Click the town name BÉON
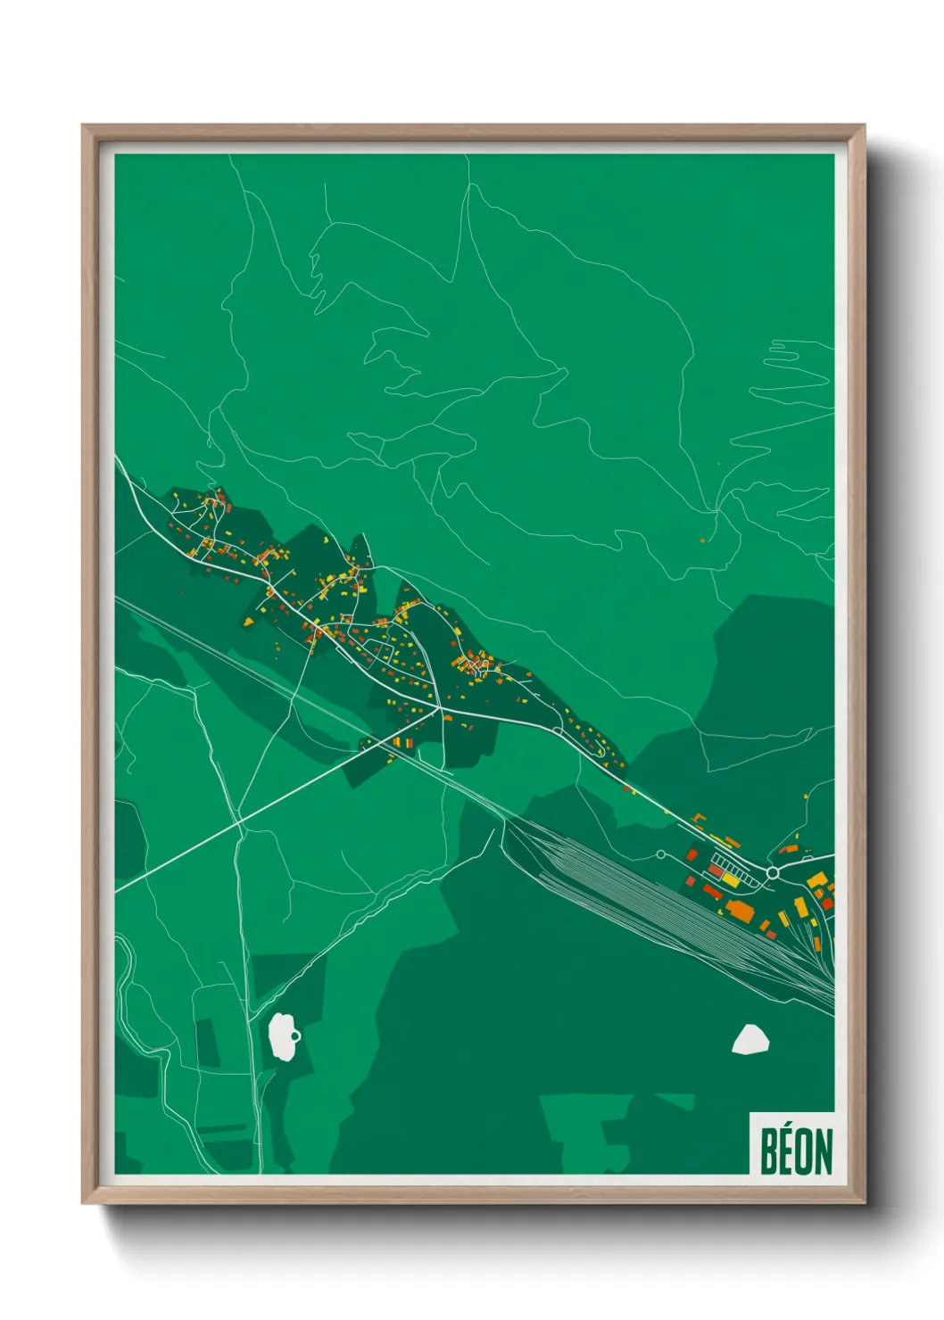[x=796, y=1151]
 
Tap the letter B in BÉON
[x=769, y=1151]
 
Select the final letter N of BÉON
[x=824, y=1151]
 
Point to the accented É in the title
[x=786, y=1150]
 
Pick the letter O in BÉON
[x=804, y=1151]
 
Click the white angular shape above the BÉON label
[x=750, y=1039]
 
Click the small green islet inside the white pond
[x=294, y=1035]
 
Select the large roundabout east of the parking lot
[x=773, y=871]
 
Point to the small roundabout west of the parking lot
[x=660, y=854]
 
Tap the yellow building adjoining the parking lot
[x=730, y=879]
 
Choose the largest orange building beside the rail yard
[x=740, y=910]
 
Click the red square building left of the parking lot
[x=691, y=854]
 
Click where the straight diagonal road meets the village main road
[x=438, y=711]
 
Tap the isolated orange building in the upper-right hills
[x=702, y=539]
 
